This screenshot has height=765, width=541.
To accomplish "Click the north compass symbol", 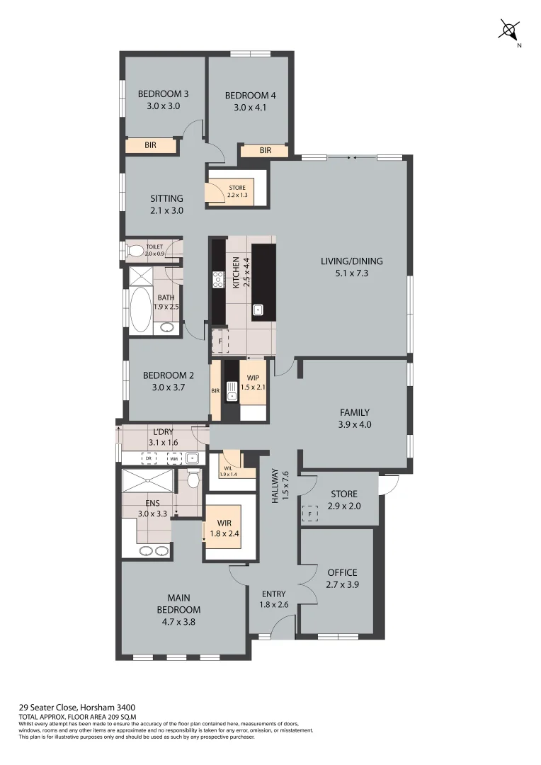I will (x=509, y=30).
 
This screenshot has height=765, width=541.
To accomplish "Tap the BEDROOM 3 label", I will (x=163, y=93).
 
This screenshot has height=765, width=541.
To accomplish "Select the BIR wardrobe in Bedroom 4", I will (x=265, y=151).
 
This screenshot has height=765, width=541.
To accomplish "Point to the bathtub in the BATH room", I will (x=141, y=310).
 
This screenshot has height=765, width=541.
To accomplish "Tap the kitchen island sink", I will (x=259, y=309).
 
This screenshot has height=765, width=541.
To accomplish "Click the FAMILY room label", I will (x=355, y=412).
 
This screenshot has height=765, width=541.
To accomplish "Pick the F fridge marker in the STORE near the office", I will (x=309, y=514).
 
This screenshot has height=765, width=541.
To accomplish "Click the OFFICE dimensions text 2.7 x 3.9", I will (x=342, y=584).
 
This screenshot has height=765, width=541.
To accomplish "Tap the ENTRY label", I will (x=273, y=594).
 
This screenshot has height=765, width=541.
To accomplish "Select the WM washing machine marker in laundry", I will (x=173, y=458).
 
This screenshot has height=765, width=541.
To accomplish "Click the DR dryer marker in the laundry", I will (x=149, y=458).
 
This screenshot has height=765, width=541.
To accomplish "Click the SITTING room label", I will (x=167, y=198).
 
